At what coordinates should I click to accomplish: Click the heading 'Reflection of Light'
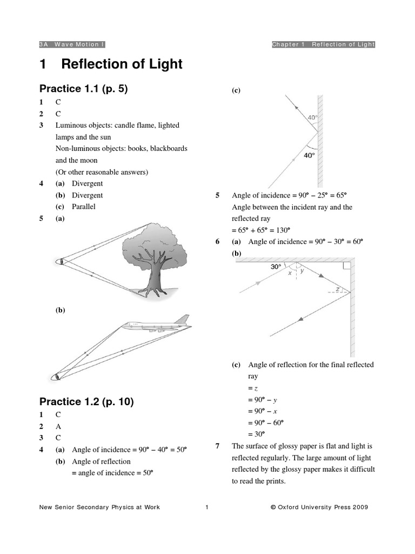(x=122, y=65)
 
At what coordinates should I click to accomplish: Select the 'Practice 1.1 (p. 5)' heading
(x=83, y=89)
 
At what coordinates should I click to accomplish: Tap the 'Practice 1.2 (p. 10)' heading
(x=86, y=401)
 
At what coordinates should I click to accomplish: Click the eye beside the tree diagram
(x=61, y=262)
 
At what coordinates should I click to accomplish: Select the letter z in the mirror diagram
(x=337, y=289)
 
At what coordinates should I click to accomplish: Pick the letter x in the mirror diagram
(x=290, y=273)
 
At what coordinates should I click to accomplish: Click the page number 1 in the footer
(x=207, y=507)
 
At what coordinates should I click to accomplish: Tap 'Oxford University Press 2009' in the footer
(x=323, y=507)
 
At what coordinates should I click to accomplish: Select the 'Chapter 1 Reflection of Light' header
(x=323, y=44)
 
